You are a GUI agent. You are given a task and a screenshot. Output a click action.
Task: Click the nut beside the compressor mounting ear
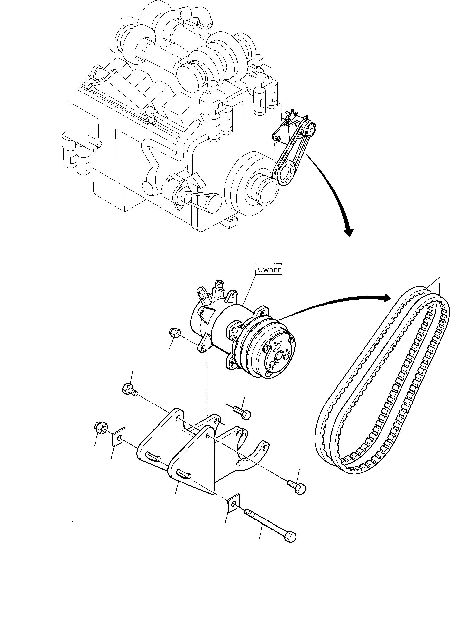click(x=175, y=333)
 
